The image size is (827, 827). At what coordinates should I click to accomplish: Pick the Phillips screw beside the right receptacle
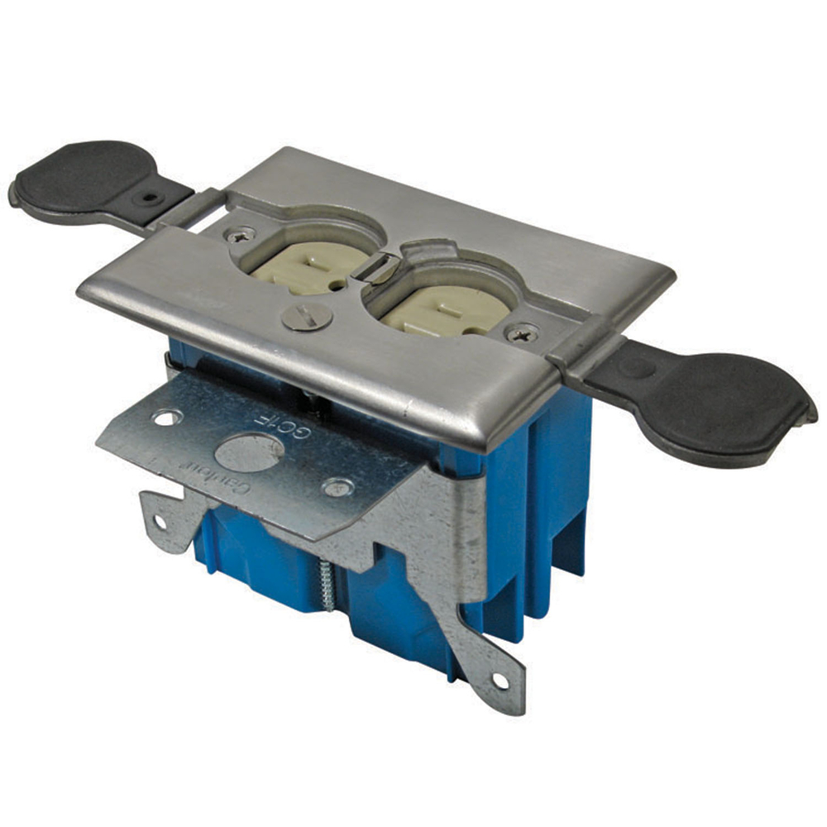point(522,335)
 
